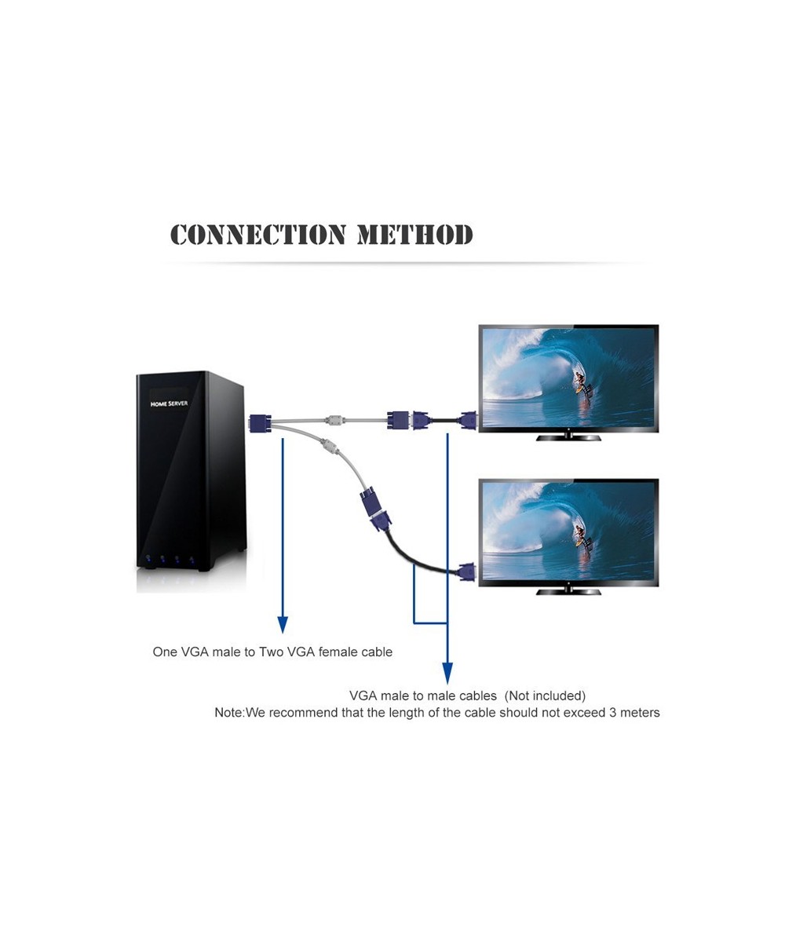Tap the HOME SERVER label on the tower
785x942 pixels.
coord(169,403)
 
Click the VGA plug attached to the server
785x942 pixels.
coord(260,423)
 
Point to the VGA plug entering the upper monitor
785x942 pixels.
coord(469,421)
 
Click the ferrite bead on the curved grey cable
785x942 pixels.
coord(329,450)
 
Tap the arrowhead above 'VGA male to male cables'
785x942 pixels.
coord(447,674)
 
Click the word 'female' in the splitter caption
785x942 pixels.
coord(339,652)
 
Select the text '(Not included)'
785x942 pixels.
coord(545,696)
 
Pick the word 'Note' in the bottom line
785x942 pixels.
coord(228,713)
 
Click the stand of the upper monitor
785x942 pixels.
coord(568,436)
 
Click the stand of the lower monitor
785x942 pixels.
coord(568,590)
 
